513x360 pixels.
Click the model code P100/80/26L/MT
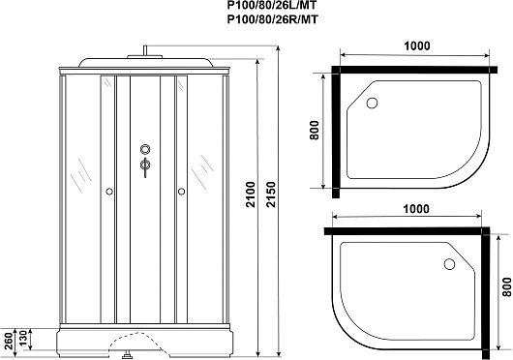pos(272,5)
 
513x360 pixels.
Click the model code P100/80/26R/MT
pos(272,19)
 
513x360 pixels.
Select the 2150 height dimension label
pos(271,195)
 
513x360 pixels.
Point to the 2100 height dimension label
pos(251,195)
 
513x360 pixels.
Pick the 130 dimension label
pos(23,339)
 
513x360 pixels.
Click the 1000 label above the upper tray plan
pos(417,45)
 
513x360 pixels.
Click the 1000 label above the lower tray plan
pos(415,209)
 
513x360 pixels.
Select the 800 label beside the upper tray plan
pos(314,130)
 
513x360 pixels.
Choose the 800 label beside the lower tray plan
pos(507,286)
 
